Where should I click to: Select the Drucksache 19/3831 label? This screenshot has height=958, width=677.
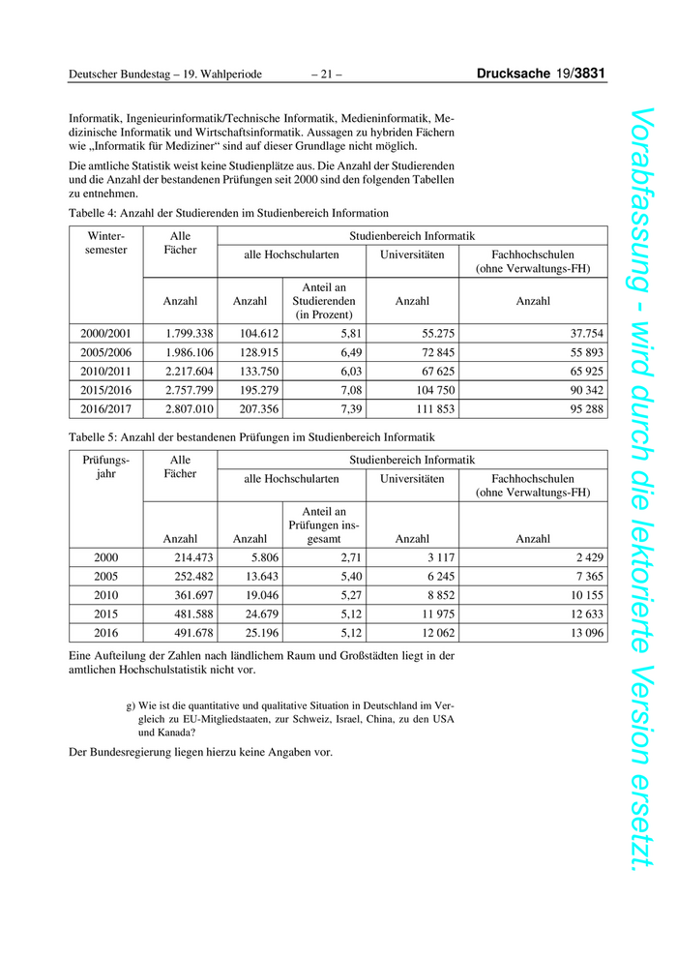point(542,74)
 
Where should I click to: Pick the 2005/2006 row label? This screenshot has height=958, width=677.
point(106,352)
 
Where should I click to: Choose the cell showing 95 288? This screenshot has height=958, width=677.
point(582,408)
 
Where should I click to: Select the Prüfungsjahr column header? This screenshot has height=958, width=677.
point(106,466)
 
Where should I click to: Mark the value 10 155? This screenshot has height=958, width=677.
point(582,594)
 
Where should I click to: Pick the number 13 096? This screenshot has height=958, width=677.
point(582,632)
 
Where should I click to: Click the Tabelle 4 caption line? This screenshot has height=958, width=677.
point(228,213)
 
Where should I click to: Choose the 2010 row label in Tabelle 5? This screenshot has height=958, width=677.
point(106,594)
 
